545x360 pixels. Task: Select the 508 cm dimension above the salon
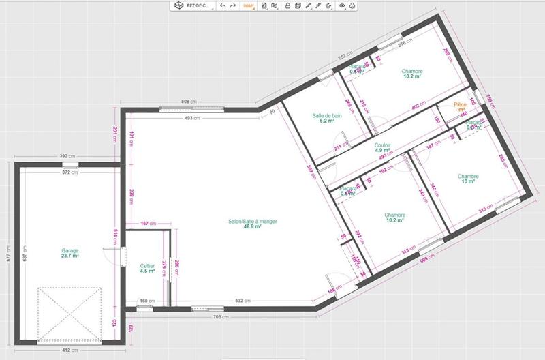(189, 102)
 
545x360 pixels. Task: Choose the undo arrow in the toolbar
(223, 5)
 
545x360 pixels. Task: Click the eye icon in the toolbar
(342, 5)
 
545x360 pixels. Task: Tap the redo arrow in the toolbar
(233, 5)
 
